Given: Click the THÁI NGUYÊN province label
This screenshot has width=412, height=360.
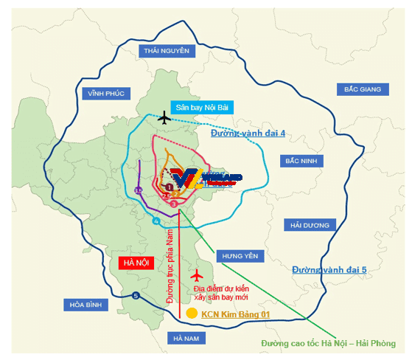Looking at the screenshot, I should click(x=167, y=51).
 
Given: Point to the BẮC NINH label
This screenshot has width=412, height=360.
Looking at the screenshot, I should click(x=306, y=160).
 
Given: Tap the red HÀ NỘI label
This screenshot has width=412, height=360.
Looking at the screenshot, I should click(x=136, y=263).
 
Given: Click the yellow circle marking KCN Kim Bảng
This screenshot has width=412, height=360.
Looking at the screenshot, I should click(x=192, y=314).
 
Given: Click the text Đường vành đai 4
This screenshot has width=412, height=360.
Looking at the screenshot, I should click(x=247, y=135).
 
